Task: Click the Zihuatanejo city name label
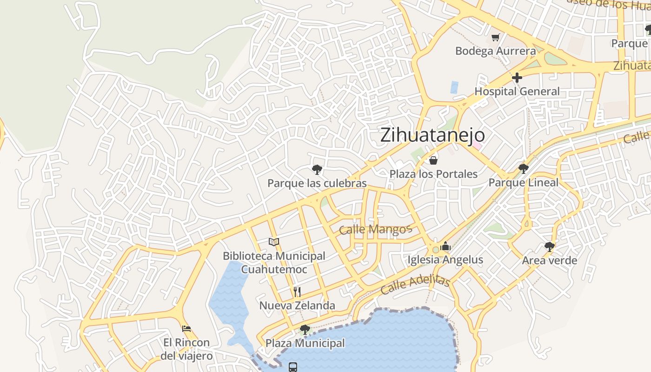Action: click(x=432, y=135)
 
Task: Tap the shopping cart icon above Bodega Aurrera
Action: click(x=496, y=38)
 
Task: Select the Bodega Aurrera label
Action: click(x=495, y=51)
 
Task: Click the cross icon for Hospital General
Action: click(x=517, y=77)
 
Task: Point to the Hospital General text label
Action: click(x=517, y=91)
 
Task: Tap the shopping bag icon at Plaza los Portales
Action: click(x=433, y=160)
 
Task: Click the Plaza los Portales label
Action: click(x=433, y=174)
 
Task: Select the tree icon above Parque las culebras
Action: click(x=317, y=170)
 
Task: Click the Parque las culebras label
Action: click(x=317, y=183)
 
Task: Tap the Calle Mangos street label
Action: click(x=375, y=229)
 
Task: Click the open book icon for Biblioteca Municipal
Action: click(x=274, y=242)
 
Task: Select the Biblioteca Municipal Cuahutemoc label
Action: click(x=274, y=262)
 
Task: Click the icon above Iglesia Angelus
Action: click(x=445, y=246)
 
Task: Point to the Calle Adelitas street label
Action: click(x=415, y=284)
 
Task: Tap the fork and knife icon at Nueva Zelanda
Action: click(x=297, y=292)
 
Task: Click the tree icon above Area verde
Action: click(x=549, y=246)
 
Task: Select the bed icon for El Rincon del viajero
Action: click(x=186, y=329)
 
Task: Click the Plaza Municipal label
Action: click(x=305, y=343)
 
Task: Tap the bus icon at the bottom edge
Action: click(x=293, y=367)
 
